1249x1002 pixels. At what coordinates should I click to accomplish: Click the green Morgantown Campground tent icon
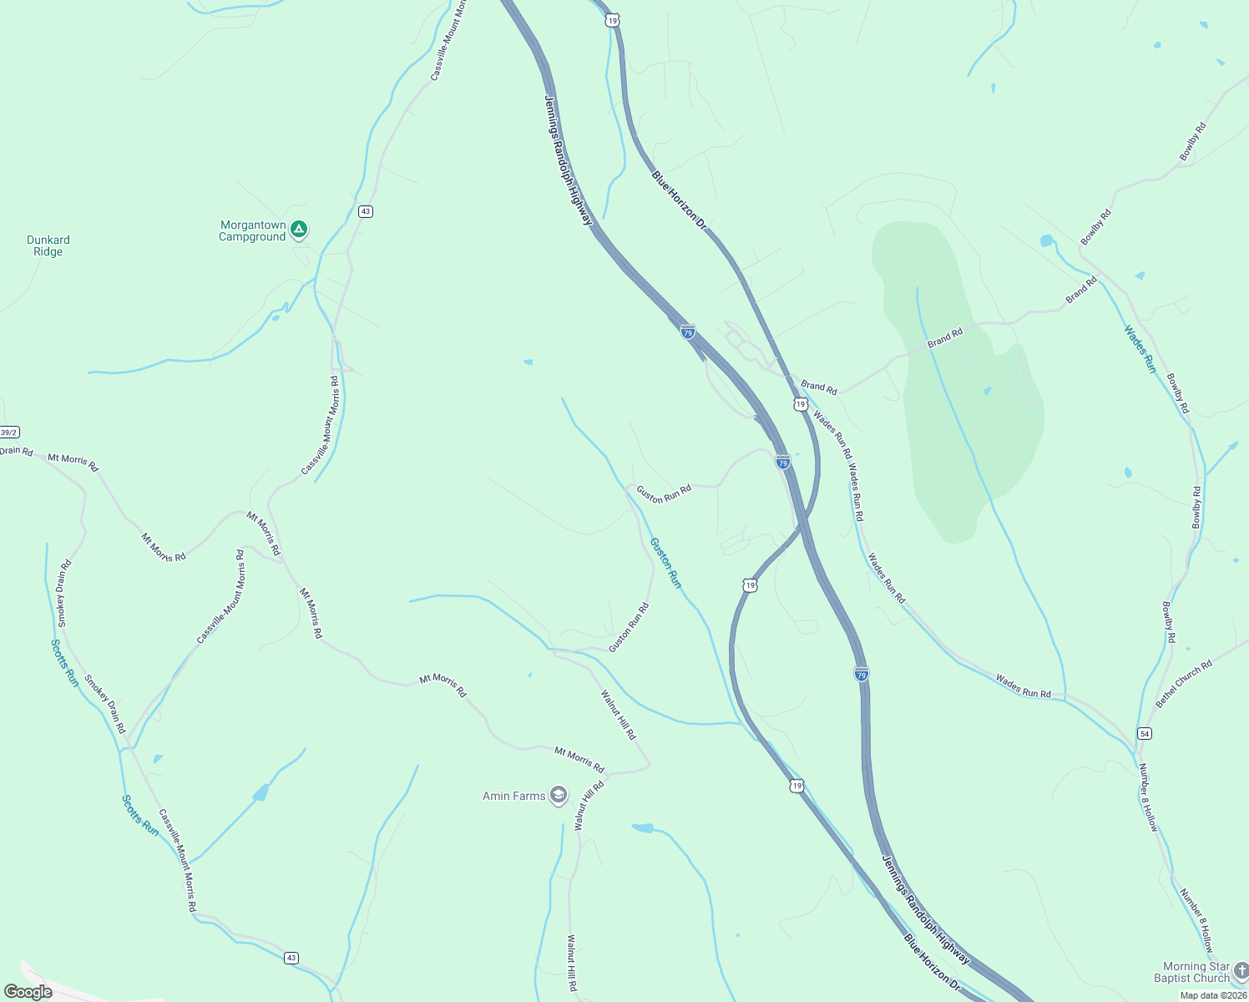click(299, 229)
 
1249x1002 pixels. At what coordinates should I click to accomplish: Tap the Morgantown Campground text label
click(253, 231)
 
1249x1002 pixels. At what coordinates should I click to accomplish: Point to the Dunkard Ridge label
click(48, 245)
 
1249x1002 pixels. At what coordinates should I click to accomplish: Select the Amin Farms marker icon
click(558, 796)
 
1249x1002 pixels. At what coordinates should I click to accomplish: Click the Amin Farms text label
click(514, 796)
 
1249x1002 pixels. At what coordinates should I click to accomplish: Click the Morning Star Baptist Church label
click(1191, 972)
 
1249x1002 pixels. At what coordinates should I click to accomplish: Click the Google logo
click(28, 992)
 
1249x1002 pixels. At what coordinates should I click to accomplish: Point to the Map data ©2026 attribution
click(1212, 994)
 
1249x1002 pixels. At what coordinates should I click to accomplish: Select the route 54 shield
click(1144, 733)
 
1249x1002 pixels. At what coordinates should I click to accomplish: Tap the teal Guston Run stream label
click(665, 563)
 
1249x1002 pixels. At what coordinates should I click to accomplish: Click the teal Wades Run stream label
click(1139, 348)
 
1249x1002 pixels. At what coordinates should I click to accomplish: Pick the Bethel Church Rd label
click(1184, 684)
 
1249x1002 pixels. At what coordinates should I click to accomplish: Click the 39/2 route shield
click(8, 433)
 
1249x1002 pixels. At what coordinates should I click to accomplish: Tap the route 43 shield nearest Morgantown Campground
click(366, 211)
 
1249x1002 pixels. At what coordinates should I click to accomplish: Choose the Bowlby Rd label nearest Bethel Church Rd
click(1168, 621)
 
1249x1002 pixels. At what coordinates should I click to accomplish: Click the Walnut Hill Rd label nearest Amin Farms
click(589, 806)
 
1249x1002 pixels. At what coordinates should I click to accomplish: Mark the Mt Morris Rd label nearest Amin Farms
click(579, 758)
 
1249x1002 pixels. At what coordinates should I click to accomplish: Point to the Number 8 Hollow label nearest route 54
click(1149, 802)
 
